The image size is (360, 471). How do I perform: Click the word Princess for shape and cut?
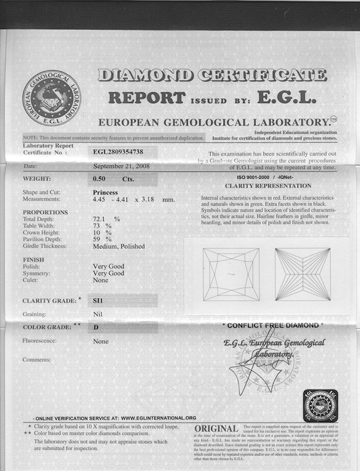point(105,193)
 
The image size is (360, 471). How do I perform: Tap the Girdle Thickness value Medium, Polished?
point(118,246)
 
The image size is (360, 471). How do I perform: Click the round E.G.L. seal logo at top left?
point(51,98)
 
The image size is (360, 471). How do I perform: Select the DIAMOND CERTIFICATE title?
point(212,75)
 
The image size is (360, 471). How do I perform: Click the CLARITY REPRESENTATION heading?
point(268,186)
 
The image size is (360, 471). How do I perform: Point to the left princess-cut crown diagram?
point(231,274)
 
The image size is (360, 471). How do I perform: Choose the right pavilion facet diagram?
point(302,274)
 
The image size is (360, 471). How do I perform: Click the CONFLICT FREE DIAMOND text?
point(272,325)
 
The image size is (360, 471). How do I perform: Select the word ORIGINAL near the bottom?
point(216,428)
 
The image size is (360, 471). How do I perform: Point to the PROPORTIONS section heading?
point(45,212)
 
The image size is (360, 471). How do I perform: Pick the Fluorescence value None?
point(100,341)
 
